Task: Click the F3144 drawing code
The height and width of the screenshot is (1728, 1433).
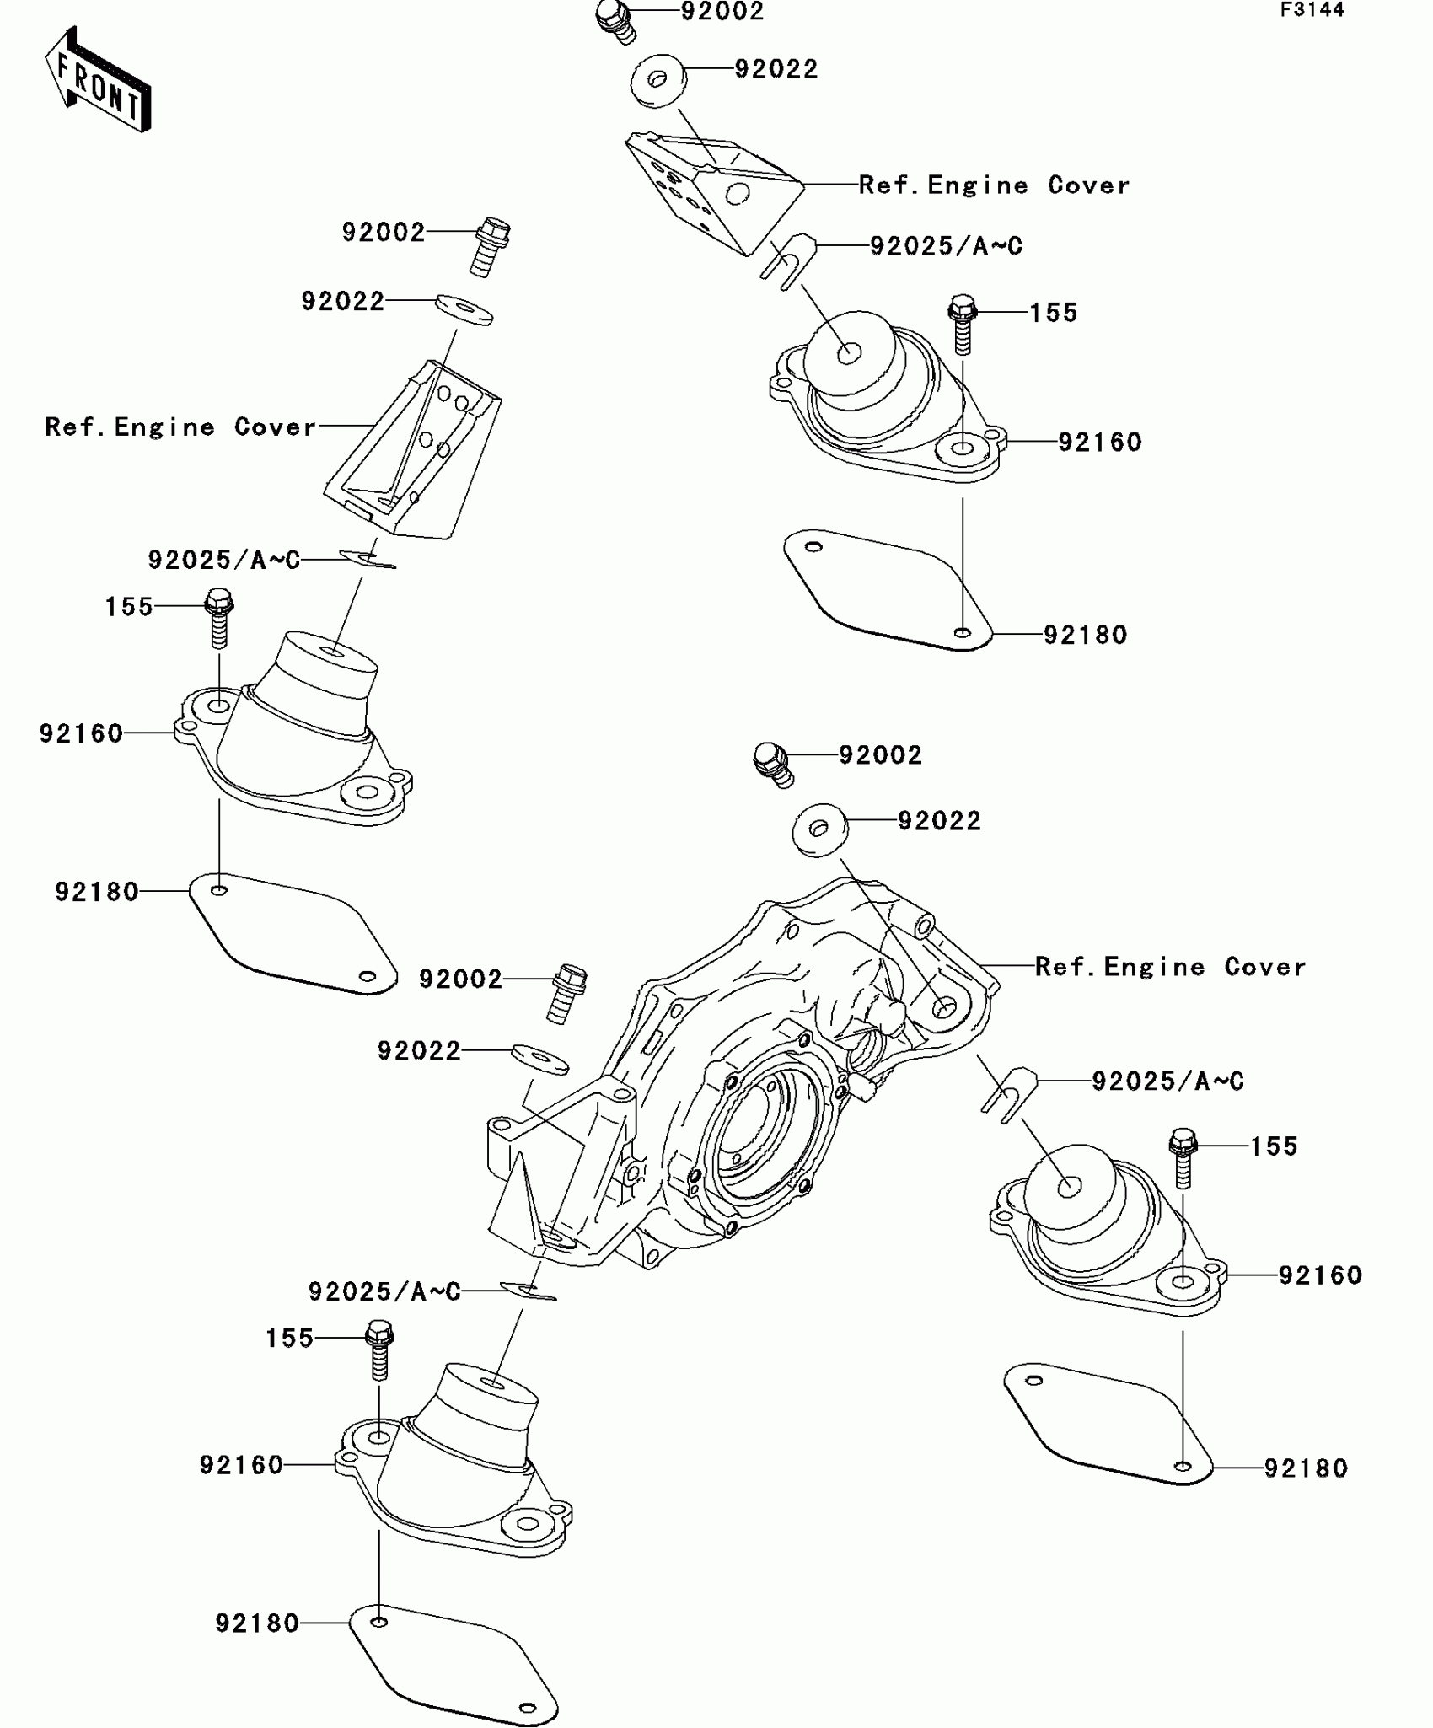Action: [x=1312, y=10]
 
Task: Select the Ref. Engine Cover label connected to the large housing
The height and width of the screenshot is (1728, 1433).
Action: [x=1170, y=966]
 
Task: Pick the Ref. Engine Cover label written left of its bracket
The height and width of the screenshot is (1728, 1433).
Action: [x=180, y=427]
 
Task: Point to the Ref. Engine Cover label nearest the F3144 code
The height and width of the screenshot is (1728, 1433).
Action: [x=994, y=185]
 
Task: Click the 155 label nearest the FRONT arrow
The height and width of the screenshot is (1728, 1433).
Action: [x=129, y=606]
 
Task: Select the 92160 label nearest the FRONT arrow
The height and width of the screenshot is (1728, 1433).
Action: [x=81, y=733]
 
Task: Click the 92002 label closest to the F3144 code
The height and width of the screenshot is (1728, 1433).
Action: [x=722, y=11]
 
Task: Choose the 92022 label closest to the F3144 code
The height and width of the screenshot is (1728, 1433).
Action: [x=776, y=68]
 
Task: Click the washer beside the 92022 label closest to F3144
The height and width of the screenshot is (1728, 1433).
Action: [x=658, y=81]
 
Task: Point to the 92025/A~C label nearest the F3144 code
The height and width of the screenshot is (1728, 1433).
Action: [x=946, y=245]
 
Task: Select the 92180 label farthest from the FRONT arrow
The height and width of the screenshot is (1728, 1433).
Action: [x=1306, y=1468]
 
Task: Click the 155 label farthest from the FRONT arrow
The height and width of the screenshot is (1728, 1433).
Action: [x=1274, y=1146]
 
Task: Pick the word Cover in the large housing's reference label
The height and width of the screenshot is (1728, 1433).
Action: [x=1264, y=966]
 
